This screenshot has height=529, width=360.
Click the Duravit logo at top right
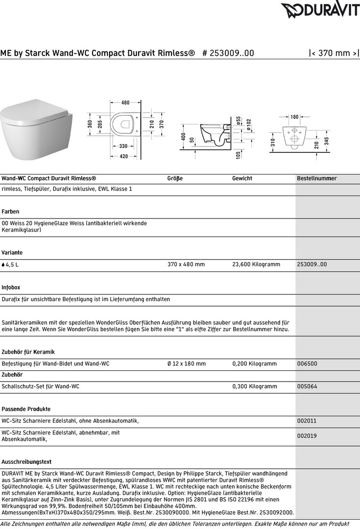click(320, 10)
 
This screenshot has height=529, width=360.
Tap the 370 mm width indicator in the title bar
click(334, 53)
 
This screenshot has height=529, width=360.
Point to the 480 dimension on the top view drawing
click(125, 103)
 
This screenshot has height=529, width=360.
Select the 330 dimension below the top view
click(123, 146)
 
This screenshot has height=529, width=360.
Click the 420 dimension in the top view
click(123, 156)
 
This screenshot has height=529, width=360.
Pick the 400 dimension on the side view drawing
click(183, 137)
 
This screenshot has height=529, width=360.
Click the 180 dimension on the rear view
click(294, 117)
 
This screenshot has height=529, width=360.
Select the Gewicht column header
click(242, 178)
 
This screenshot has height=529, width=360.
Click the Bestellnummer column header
click(317, 178)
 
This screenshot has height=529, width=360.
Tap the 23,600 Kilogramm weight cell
click(256, 264)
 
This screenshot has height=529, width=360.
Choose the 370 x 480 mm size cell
click(186, 264)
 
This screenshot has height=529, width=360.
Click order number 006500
click(307, 363)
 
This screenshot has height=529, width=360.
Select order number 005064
click(307, 386)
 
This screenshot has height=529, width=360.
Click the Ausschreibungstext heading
click(27, 462)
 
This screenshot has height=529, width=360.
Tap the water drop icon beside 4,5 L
click(3, 264)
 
